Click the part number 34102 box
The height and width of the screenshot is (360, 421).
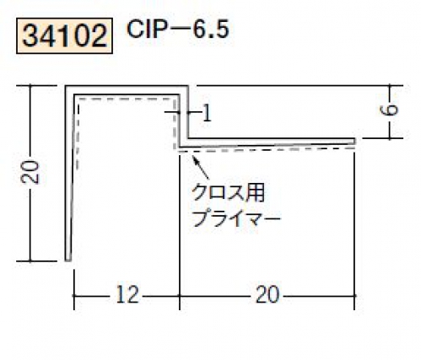pos(64,35)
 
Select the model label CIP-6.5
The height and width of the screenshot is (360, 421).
pos(178,30)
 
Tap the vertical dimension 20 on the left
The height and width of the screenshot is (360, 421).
pos(30,172)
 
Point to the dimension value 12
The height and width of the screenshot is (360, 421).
pos(127,294)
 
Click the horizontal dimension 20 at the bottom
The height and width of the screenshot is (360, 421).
pos(267,294)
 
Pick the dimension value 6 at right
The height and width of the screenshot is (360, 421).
pos(389,110)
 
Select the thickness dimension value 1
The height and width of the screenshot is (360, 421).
pos(207,113)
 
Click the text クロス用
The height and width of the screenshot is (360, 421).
pos(229,194)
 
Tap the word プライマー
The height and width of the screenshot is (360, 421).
pos(235,218)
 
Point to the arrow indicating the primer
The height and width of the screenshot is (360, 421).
pos(201,167)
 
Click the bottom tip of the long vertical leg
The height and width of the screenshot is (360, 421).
pos(67,261)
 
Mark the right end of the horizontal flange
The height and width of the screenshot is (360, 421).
pos(355,142)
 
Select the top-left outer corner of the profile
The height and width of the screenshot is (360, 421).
pos(66,86)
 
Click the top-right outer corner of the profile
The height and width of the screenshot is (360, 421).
pos(187,86)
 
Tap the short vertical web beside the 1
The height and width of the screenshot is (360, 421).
pos(183,116)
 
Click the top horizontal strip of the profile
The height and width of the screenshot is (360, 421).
pos(127,90)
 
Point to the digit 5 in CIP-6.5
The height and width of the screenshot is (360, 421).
pos(223,30)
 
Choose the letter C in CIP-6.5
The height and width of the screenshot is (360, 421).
pos(136,30)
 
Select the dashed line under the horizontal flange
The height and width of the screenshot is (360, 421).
pos(266,149)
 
